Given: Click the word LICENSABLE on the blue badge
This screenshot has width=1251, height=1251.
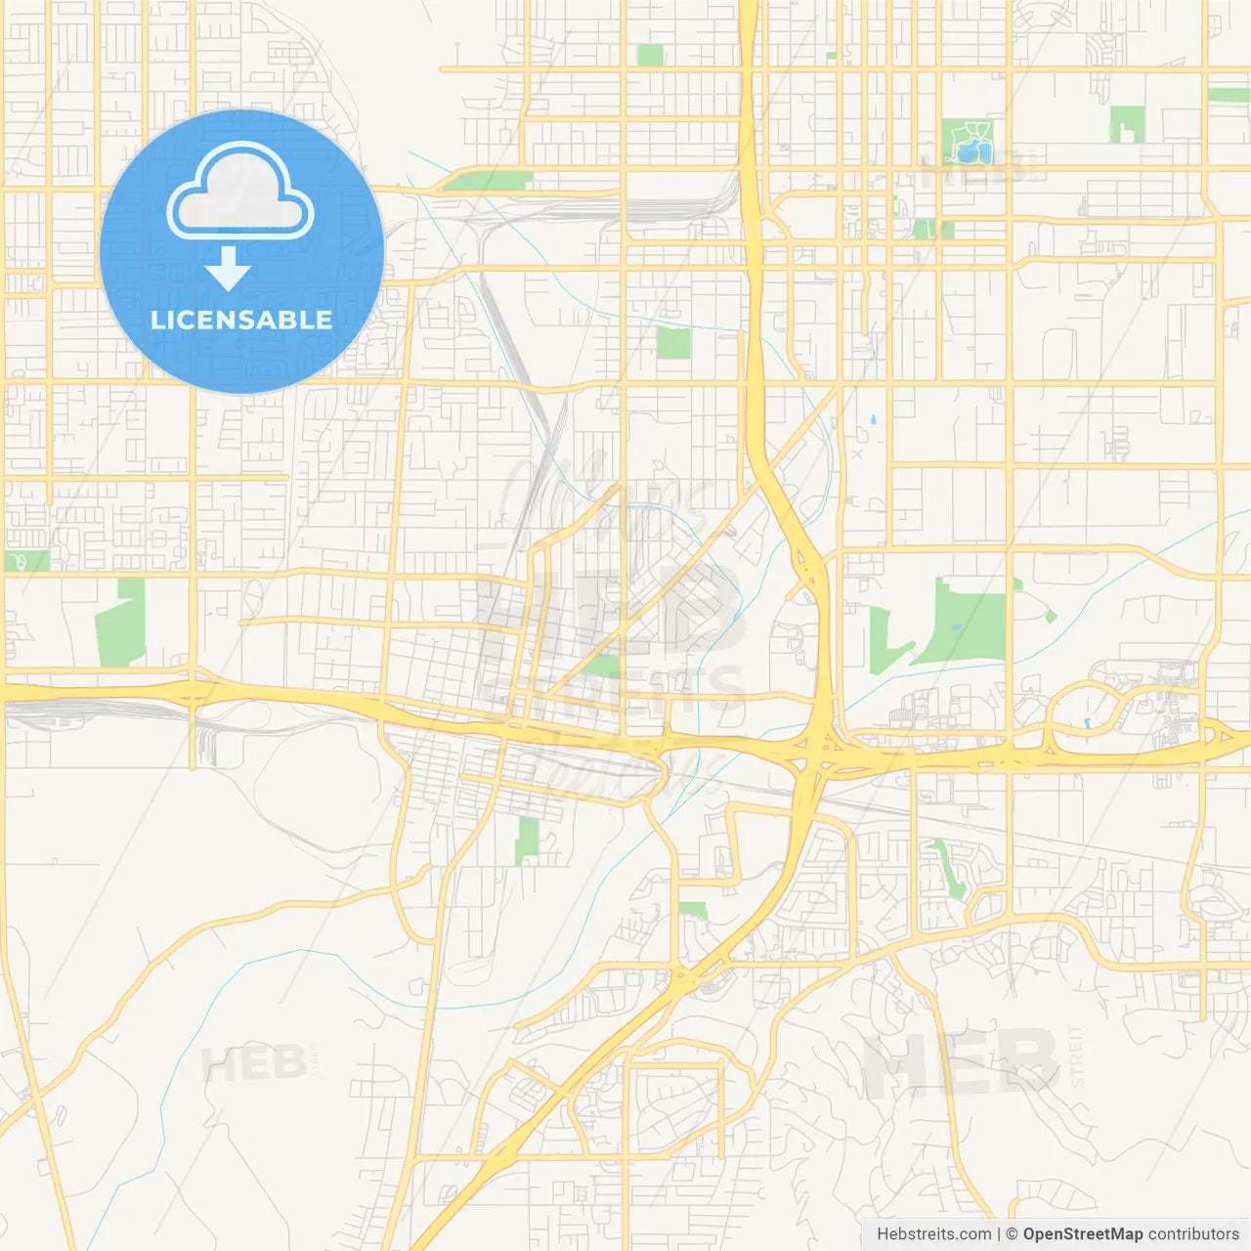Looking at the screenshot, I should [x=241, y=320].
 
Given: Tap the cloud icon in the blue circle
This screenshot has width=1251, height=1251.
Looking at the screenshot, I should [x=240, y=193].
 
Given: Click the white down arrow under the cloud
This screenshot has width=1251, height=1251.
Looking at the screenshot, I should [x=229, y=269].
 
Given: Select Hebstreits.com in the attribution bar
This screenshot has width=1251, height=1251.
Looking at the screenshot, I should [x=933, y=1233].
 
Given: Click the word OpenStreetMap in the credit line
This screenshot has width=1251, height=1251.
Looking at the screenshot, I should [x=1082, y=1233].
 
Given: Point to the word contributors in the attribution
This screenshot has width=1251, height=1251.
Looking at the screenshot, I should [x=1193, y=1233].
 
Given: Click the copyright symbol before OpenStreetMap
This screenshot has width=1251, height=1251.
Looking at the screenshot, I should [x=1012, y=1233].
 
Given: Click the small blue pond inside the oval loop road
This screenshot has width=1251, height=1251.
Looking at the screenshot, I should [x=1087, y=724].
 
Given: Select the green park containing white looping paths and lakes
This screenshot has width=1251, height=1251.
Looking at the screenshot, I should [x=968, y=141].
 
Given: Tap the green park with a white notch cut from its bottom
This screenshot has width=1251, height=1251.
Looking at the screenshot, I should [x=1127, y=123].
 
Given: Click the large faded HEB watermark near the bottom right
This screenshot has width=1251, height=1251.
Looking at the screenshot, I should [x=961, y=1063].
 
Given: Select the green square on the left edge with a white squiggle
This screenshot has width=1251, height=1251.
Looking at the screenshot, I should [x=25, y=561].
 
